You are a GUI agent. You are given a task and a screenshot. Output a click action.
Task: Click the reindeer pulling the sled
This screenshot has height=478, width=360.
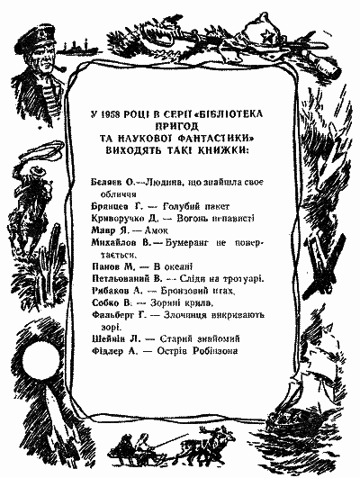point(193,445)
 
